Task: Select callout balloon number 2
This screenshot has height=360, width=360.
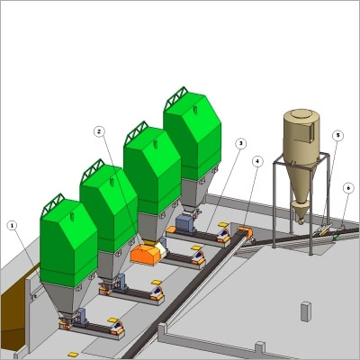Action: pos(99,130)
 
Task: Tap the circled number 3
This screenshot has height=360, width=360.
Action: pos(240,143)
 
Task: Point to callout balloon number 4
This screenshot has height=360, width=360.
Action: pos(259,161)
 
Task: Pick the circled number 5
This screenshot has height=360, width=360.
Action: pos(337,136)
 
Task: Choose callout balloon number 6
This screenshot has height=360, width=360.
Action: pos(348,188)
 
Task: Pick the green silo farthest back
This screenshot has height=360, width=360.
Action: pos(192,133)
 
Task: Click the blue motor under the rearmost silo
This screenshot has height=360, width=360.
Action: pos(185,221)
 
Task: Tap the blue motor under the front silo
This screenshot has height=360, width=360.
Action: pos(79,316)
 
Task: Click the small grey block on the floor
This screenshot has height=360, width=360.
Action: pos(305,311)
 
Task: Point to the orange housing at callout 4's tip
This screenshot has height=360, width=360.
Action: pos(242,233)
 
